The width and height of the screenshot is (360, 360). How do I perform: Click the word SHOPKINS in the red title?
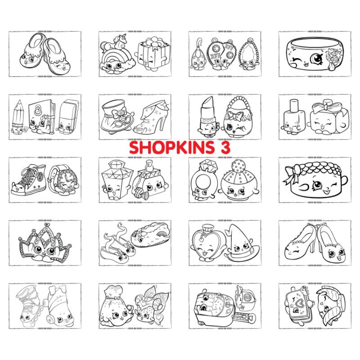(172, 148)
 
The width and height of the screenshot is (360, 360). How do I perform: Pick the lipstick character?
(207, 117)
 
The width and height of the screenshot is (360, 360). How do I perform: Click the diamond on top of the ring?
(208, 166)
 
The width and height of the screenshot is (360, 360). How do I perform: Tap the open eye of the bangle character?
(317, 58)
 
